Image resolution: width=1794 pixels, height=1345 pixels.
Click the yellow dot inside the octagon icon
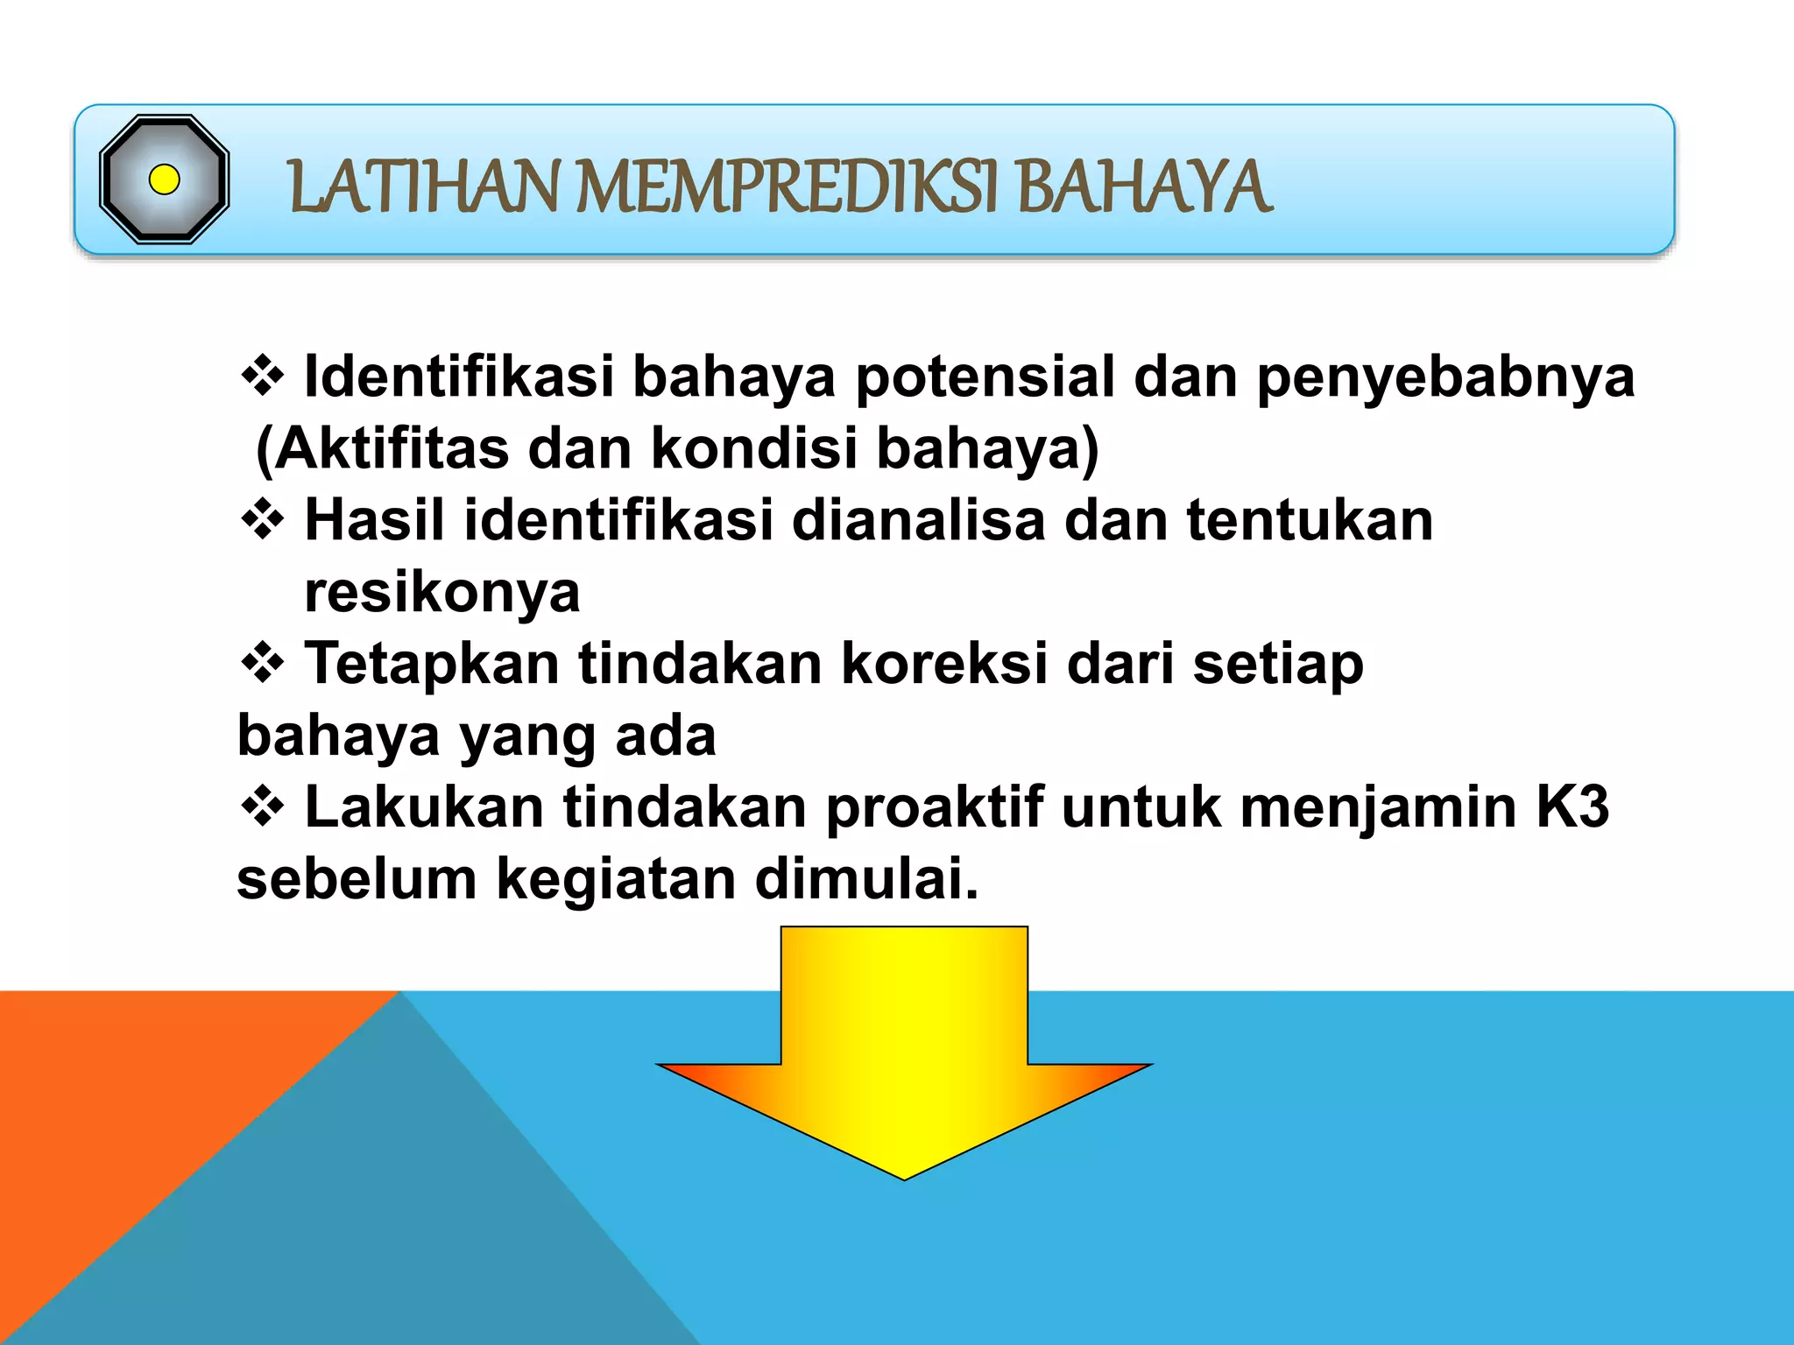pyautogui.click(x=165, y=180)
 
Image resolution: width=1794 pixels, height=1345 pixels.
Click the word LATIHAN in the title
pyautogui.click(x=423, y=187)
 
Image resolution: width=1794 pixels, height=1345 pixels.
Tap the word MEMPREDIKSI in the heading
pyautogui.click(x=787, y=187)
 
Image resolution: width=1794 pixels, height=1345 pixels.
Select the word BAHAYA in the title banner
pyautogui.click(x=1144, y=187)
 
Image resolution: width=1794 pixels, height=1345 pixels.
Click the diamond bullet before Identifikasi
pyautogui.click(x=263, y=377)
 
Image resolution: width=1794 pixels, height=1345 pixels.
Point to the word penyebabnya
pyautogui.click(x=1445, y=378)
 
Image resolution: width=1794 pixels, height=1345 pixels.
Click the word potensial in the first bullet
pyautogui.click(x=985, y=377)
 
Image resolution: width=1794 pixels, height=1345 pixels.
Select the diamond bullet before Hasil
pyautogui.click(x=263, y=520)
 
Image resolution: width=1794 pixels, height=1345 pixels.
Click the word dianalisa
pyautogui.click(x=918, y=520)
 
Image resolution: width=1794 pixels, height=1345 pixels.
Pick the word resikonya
pyautogui.click(x=442, y=594)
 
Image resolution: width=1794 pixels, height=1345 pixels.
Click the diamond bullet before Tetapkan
pyautogui.click(x=263, y=664)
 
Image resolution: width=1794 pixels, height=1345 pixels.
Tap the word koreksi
pyautogui.click(x=944, y=664)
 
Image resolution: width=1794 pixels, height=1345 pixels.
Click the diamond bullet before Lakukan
pyautogui.click(x=263, y=807)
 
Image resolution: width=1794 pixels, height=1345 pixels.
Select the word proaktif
pyautogui.click(x=935, y=807)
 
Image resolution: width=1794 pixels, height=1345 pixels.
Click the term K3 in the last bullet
pyautogui.click(x=1572, y=807)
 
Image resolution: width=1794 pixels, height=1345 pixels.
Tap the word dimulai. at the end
pyautogui.click(x=866, y=879)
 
